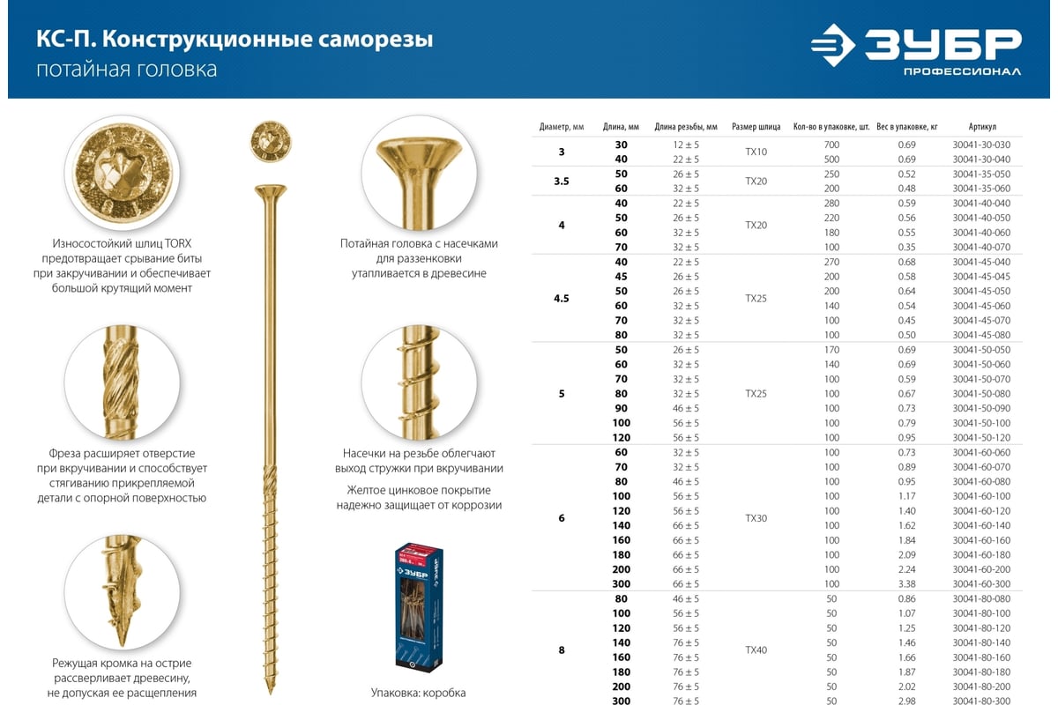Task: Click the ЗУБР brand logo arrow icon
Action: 832,45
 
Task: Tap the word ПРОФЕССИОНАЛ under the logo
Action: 962,71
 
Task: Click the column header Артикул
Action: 982,127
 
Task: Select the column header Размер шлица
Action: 756,127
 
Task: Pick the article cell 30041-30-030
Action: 981,145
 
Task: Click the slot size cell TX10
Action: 756,152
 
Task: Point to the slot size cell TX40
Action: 756,650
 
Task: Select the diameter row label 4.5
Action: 561,299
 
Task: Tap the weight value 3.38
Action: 906,584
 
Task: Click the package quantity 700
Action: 831,145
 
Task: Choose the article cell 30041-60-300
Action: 981,584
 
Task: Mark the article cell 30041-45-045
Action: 981,277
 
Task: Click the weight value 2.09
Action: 906,555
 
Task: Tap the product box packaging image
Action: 419,606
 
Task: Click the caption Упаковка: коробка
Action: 418,693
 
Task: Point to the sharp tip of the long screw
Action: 270,694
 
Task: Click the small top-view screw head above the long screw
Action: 270,141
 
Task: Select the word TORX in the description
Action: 177,243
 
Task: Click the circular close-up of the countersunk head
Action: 419,174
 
